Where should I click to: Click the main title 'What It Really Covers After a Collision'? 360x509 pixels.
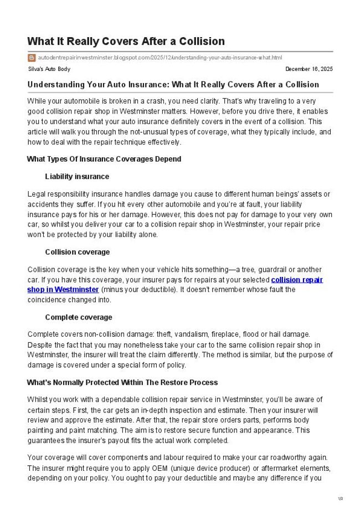coord(126,42)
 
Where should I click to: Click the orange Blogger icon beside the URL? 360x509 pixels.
coord(31,57)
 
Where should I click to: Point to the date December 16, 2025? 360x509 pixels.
coord(308,69)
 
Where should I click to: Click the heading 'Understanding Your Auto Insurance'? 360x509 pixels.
coord(173,85)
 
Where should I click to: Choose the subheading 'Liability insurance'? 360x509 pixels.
coord(77,177)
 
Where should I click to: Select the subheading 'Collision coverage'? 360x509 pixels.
coord(78,252)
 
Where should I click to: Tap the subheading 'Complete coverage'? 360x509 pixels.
coord(79,317)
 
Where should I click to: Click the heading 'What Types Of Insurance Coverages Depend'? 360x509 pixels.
coord(104,160)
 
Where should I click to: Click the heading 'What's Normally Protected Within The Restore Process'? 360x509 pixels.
coord(122,383)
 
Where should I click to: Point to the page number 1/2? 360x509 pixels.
coord(340,499)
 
